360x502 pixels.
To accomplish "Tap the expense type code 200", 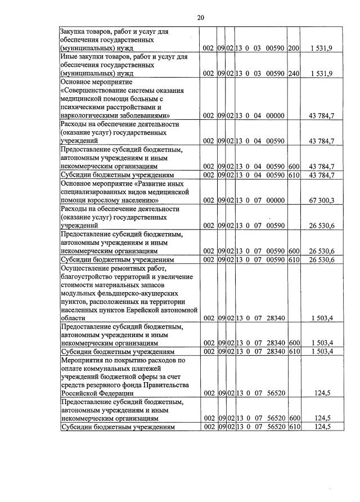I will point(292,48).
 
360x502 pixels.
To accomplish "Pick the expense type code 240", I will point(292,74).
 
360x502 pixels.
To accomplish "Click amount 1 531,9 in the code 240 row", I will point(321,74).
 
